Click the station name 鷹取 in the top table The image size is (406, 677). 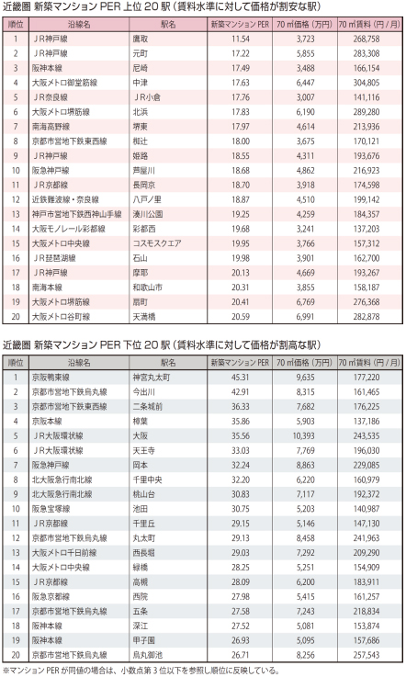click(x=141, y=39)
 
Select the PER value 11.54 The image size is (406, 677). click(x=240, y=39)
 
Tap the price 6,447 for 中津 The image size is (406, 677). click(x=305, y=83)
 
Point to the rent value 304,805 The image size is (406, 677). click(x=367, y=83)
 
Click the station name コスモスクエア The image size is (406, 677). click(x=157, y=243)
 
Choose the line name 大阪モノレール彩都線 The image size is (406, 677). click(x=68, y=229)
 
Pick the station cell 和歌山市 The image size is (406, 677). click(x=147, y=288)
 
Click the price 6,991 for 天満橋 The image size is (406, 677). click(x=305, y=317)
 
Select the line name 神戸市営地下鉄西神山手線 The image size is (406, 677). click(x=77, y=214)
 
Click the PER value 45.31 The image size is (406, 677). click(x=240, y=378)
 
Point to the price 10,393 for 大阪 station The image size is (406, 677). click(x=303, y=436)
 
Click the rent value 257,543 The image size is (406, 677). click(x=367, y=655)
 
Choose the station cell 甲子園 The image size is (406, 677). click(x=144, y=640)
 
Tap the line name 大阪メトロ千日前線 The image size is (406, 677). click(x=64, y=553)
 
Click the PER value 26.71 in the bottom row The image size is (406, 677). click(x=240, y=655)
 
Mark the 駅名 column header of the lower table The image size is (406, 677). click(x=168, y=363)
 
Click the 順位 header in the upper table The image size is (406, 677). click(x=16, y=24)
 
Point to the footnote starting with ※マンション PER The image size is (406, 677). click(x=141, y=671)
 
